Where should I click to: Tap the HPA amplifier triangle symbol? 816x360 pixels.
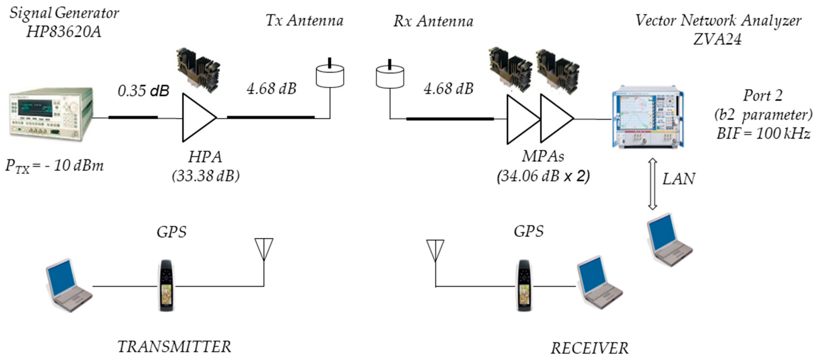pyautogui.click(x=197, y=118)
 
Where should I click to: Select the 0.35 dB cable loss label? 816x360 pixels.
pyautogui.click(x=143, y=91)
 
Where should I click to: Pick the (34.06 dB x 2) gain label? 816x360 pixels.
pyautogui.click(x=543, y=176)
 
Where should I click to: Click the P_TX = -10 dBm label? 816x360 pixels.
pyautogui.click(x=54, y=166)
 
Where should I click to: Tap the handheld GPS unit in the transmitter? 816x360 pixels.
pyautogui.click(x=166, y=286)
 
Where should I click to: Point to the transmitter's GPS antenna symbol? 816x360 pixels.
pyautogui.click(x=264, y=250)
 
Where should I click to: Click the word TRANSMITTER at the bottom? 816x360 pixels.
pyautogui.click(x=174, y=347)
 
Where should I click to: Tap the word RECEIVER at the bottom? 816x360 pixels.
pyautogui.click(x=589, y=348)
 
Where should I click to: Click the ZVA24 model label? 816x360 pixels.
pyautogui.click(x=717, y=40)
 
